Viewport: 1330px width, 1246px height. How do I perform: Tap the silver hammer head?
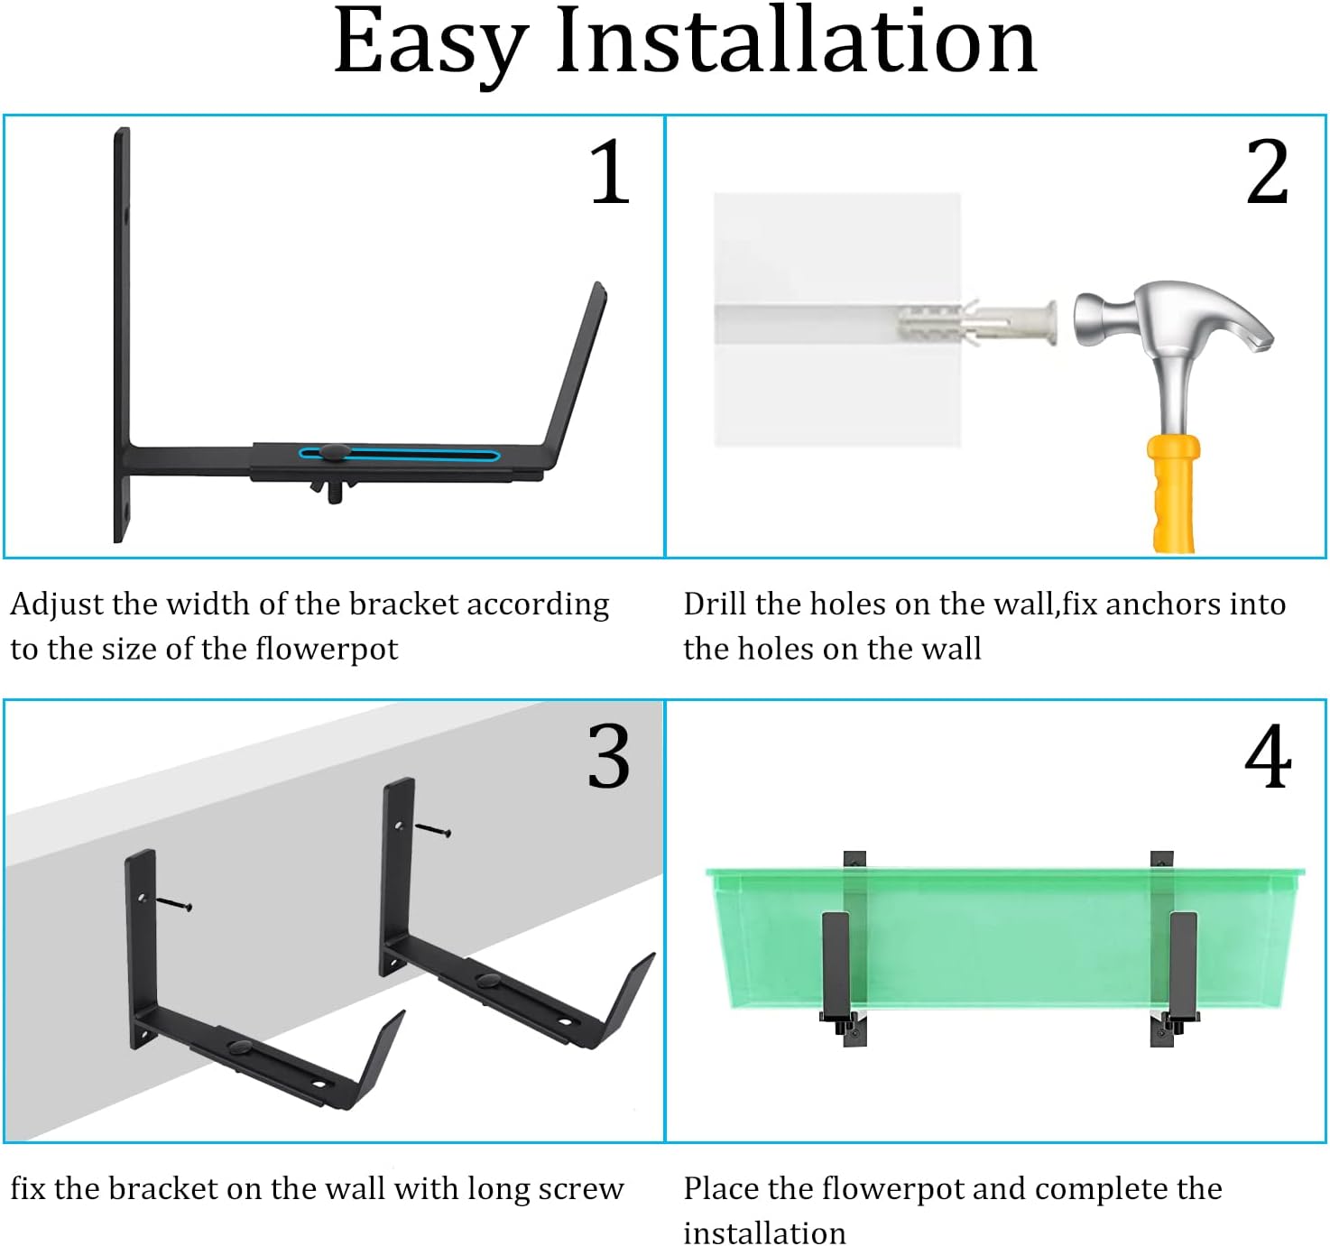click(1173, 325)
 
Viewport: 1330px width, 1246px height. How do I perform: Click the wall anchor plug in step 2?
click(974, 322)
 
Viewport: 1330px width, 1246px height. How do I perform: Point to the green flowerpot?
click(1002, 938)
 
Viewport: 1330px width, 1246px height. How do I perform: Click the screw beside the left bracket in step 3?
click(174, 903)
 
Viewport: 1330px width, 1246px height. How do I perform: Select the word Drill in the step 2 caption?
click(715, 604)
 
